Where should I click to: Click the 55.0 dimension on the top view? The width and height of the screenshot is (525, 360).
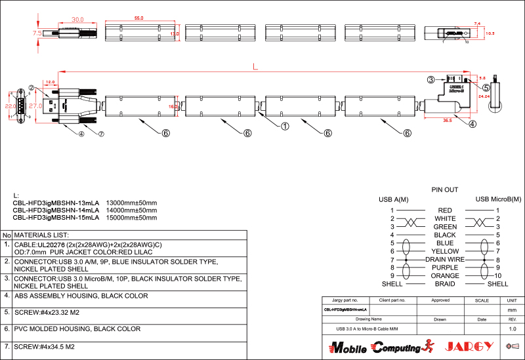[x=138, y=18]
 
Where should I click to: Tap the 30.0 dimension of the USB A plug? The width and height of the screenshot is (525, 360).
[x=77, y=20]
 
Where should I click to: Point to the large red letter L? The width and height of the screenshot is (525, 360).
[x=255, y=66]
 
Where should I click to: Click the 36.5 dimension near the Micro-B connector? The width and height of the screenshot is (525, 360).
[x=447, y=121]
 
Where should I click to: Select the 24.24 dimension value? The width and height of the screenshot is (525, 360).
[x=484, y=96]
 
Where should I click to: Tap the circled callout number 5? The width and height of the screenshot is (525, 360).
[x=486, y=87]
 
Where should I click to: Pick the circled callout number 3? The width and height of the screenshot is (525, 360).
[x=430, y=79]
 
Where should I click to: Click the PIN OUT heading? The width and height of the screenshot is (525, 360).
[x=444, y=190]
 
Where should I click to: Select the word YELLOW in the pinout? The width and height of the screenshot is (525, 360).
[x=445, y=251]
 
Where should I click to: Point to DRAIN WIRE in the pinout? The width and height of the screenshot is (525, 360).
[x=445, y=260]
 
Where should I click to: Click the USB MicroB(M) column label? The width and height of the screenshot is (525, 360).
[x=498, y=199]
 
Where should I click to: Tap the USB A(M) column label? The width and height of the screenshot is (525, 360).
[x=394, y=199]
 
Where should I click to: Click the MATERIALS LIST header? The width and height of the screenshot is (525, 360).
[x=41, y=235]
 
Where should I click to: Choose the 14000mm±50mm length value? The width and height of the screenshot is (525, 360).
[x=131, y=210]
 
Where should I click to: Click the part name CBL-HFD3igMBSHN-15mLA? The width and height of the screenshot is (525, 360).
[x=56, y=217]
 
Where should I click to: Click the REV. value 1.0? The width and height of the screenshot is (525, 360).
[x=513, y=329]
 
